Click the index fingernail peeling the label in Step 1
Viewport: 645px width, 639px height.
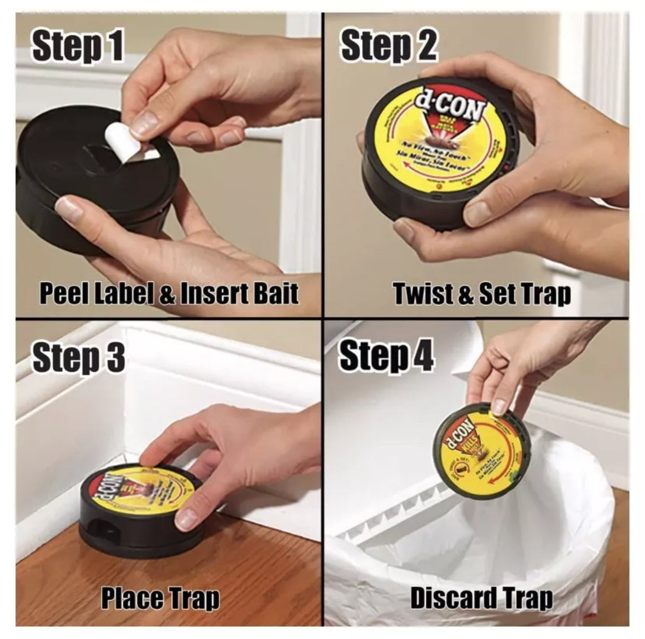(142, 123)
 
